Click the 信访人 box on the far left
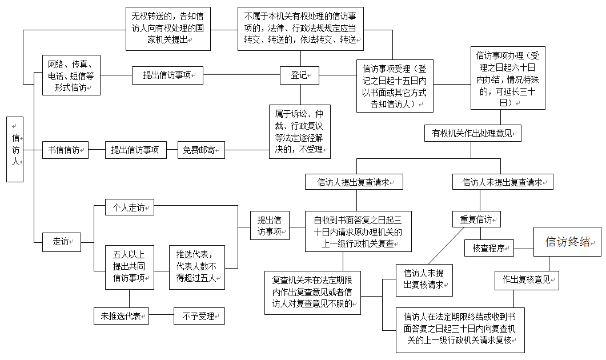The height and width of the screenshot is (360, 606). (15, 150)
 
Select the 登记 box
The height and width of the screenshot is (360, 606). (299, 75)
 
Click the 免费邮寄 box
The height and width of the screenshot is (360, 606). (200, 150)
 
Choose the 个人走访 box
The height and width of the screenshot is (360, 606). (129, 208)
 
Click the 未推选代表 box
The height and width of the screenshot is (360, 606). (121, 316)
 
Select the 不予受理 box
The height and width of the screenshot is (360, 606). (199, 316)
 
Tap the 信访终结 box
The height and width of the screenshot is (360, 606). (567, 242)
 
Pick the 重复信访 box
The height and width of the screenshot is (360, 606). (477, 219)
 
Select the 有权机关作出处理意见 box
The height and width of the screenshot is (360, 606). (472, 133)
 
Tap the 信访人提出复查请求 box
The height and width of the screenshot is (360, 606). (354, 182)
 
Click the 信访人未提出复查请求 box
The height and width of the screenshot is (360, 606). (503, 182)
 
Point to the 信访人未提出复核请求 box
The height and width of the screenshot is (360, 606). (424, 279)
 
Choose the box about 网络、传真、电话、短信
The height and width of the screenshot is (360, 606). (71, 75)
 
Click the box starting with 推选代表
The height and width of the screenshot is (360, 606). (197, 267)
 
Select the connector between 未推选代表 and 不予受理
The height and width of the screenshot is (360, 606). (161, 316)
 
